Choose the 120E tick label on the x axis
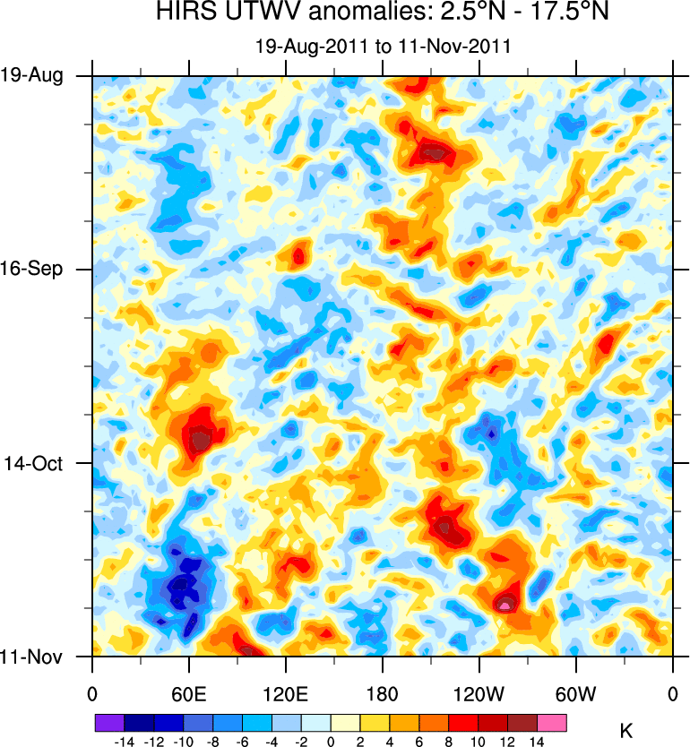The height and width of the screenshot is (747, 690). [x=286, y=693]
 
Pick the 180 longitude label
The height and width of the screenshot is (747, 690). [x=383, y=693]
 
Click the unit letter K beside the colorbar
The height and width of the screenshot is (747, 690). [x=626, y=732]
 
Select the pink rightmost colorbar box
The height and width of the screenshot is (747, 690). [x=551, y=722]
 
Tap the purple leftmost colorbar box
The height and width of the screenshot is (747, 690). [x=109, y=722]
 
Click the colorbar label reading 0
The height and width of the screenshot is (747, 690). [x=331, y=741]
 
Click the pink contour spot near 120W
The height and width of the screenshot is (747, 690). [x=505, y=605]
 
